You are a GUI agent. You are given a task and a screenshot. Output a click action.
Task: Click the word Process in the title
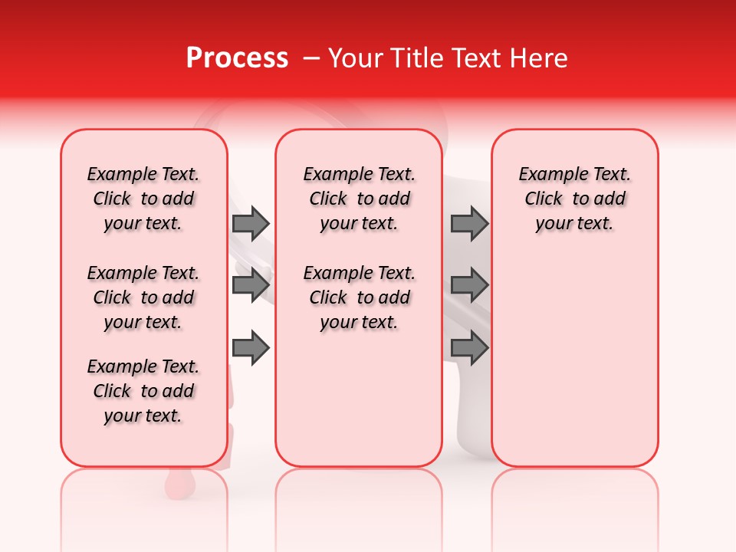click(236, 58)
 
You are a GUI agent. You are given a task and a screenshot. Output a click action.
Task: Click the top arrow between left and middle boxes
click(251, 223)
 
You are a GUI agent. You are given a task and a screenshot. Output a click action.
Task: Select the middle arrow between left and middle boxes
click(251, 285)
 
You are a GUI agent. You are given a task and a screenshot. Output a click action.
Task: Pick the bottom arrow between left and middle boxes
click(251, 348)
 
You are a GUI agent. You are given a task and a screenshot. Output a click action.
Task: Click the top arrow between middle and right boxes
click(469, 223)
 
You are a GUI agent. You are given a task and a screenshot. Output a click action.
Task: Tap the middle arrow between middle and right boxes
click(469, 285)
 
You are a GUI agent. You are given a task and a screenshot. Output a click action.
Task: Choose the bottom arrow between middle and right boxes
click(469, 348)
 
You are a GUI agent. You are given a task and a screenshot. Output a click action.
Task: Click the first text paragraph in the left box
click(143, 199)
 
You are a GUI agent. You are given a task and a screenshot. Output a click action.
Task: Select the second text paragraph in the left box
click(143, 297)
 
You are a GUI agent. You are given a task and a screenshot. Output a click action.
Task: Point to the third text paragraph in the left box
click(143, 391)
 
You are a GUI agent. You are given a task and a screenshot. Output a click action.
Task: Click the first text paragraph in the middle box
click(360, 199)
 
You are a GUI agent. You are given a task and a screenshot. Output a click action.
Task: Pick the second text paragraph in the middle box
click(360, 297)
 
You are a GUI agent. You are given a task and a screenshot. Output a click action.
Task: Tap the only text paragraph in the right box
click(575, 199)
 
